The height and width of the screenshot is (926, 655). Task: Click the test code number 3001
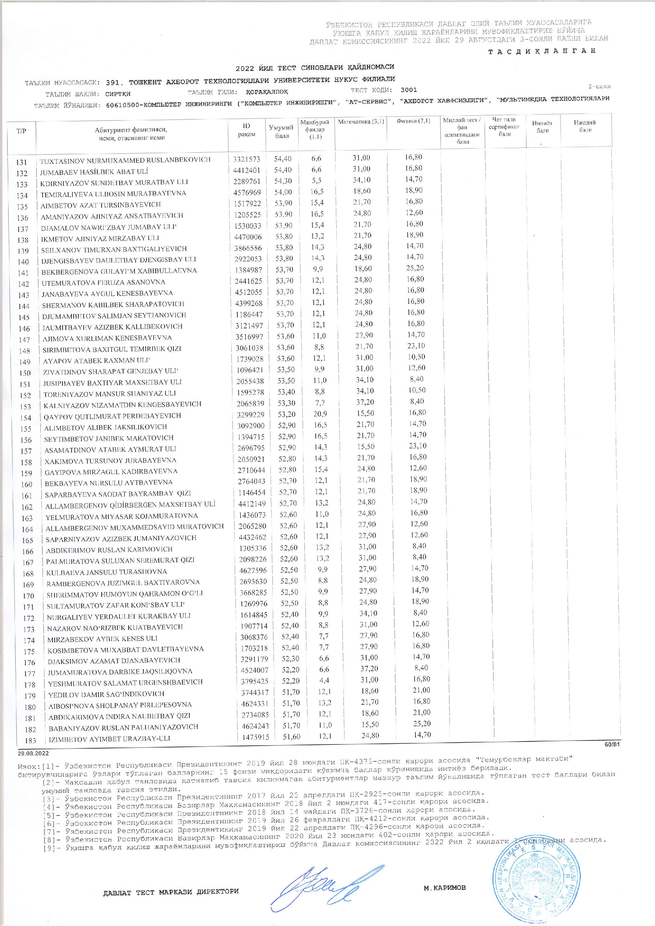tap(409, 90)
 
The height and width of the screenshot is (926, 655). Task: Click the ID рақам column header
tap(247, 130)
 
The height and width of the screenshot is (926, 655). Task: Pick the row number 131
tap(21, 162)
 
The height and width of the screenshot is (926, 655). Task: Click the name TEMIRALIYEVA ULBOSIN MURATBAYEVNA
tap(114, 193)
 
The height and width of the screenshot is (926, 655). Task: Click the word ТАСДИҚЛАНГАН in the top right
tap(542, 51)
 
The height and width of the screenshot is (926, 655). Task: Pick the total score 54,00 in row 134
tap(282, 192)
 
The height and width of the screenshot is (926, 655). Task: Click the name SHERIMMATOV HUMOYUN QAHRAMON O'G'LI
tap(125, 594)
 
